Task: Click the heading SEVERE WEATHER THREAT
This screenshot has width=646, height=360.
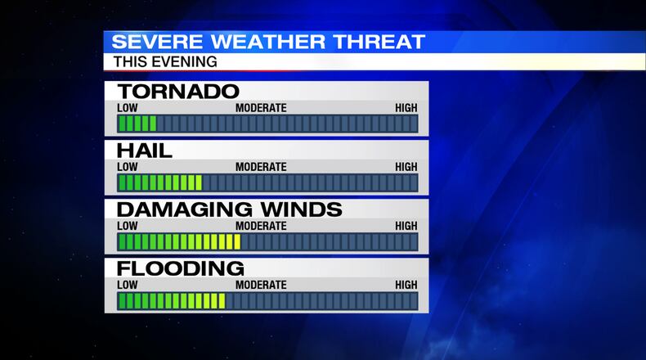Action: tap(268, 42)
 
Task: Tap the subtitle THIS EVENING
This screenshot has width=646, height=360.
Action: tap(164, 61)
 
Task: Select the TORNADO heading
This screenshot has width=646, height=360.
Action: tap(178, 91)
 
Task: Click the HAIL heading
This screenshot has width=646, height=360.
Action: tap(145, 151)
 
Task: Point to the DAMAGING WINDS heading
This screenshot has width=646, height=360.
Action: tap(229, 209)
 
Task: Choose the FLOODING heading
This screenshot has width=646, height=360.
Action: tap(180, 268)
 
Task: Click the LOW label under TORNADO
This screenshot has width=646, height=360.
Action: tap(128, 108)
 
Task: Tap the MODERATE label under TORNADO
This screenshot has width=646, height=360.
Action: tap(261, 108)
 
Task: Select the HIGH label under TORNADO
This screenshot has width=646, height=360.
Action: tap(406, 108)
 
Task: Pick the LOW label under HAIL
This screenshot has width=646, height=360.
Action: tap(128, 167)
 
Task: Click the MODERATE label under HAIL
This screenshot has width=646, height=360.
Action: tap(261, 167)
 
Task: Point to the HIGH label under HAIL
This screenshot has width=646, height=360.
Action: tap(406, 167)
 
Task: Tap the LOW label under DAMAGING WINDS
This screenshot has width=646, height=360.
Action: tap(128, 226)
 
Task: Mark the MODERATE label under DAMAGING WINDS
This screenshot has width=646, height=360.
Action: tap(261, 226)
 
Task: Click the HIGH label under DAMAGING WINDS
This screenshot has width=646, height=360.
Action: tap(406, 226)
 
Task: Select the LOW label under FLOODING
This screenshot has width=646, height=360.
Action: tap(128, 285)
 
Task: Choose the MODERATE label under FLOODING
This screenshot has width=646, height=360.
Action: tap(261, 285)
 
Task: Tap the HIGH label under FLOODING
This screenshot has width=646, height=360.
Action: tap(406, 285)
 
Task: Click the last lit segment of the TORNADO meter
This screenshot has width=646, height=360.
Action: tap(152, 124)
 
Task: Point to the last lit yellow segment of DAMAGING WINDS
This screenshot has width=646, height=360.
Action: tap(236, 242)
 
